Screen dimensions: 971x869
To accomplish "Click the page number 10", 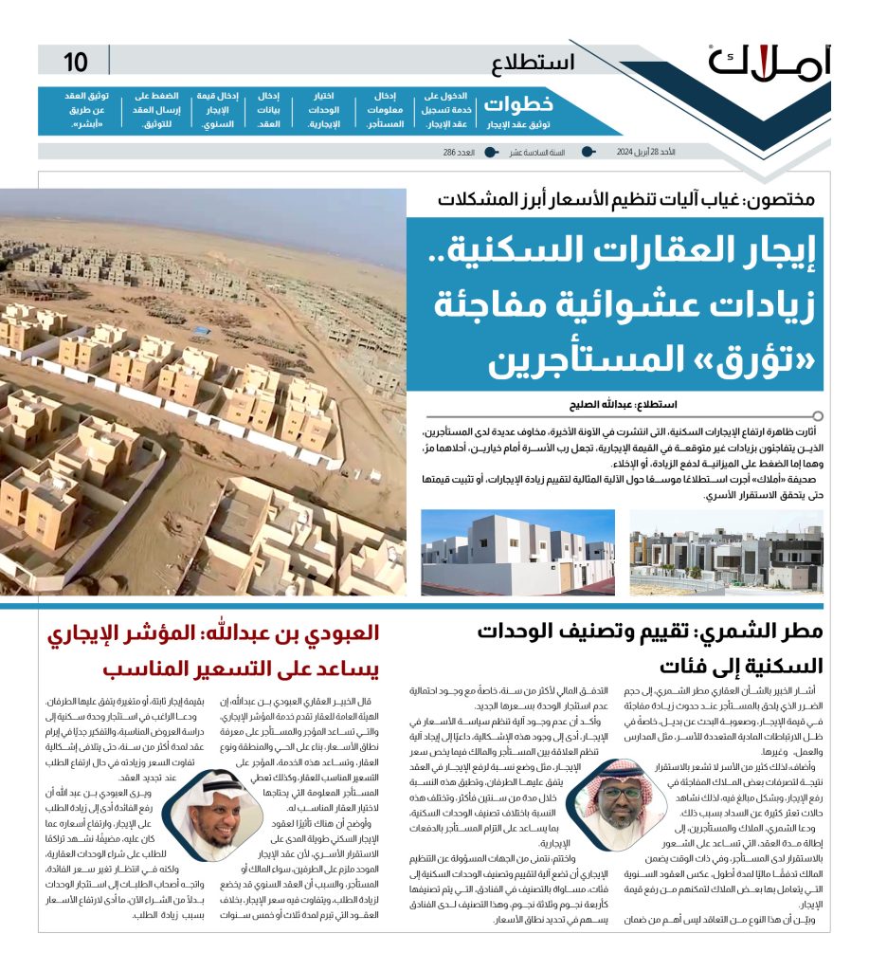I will pos(76,63).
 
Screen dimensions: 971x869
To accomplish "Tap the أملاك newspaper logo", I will pos(769,63).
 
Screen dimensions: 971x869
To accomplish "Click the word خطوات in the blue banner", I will pos(505,104).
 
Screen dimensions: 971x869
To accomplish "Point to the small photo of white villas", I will pos(517,553).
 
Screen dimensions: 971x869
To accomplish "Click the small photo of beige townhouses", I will pos(726,553).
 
